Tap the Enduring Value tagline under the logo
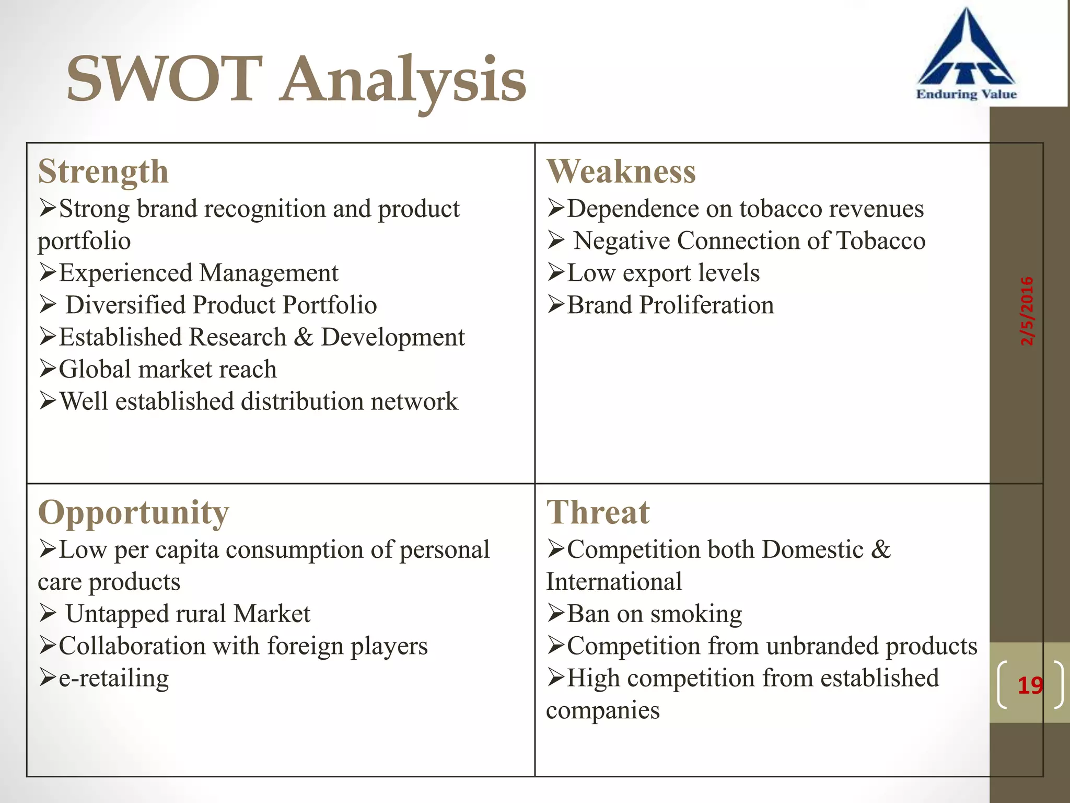pyautogui.click(x=966, y=94)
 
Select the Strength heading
pyautogui.click(x=103, y=171)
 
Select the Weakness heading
pyautogui.click(x=621, y=171)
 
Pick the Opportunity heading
pyautogui.click(x=134, y=512)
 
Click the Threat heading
pyautogui.click(x=598, y=512)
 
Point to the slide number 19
pyautogui.click(x=1030, y=685)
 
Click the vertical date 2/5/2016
pyautogui.click(x=1027, y=311)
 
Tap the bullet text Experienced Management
pyautogui.click(x=199, y=273)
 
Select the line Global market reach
pyautogui.click(x=167, y=369)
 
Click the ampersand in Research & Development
pyautogui.click(x=303, y=337)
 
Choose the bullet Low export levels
pyautogui.click(x=663, y=273)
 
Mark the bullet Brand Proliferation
pyautogui.click(x=670, y=305)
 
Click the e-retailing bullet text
pyautogui.click(x=114, y=678)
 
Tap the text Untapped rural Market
pyautogui.click(x=188, y=614)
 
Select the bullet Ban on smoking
pyautogui.click(x=654, y=614)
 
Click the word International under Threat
pyautogui.click(x=614, y=582)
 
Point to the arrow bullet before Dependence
pyautogui.click(x=556, y=209)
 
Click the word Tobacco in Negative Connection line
pyautogui.click(x=881, y=241)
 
